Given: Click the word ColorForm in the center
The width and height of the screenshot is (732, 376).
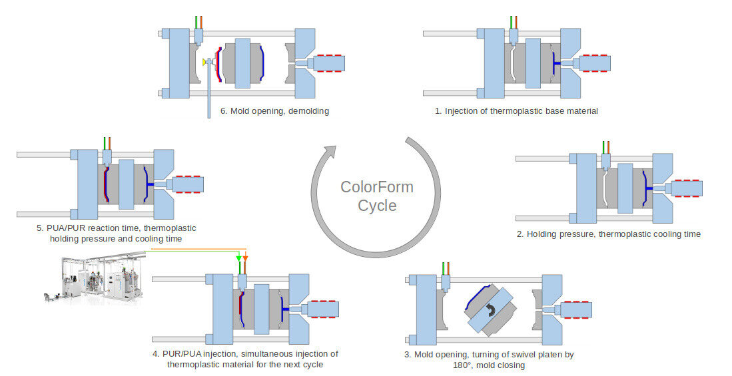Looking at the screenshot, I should tap(376, 187).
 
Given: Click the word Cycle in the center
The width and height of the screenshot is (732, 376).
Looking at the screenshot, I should tap(377, 206).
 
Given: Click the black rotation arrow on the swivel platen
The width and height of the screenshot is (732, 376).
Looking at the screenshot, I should tap(491, 309).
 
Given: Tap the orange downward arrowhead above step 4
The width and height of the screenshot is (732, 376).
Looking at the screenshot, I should tap(246, 258).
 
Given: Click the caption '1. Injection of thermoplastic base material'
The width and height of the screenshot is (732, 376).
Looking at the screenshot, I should tap(516, 111).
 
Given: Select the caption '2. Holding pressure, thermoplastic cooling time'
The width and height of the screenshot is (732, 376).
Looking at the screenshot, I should tap(609, 234).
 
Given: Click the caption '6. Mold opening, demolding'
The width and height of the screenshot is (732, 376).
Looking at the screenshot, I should tap(274, 111).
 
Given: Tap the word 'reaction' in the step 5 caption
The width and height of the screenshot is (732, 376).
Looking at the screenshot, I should tap(113, 228).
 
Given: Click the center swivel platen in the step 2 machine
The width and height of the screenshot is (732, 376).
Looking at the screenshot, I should tap(624, 188).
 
